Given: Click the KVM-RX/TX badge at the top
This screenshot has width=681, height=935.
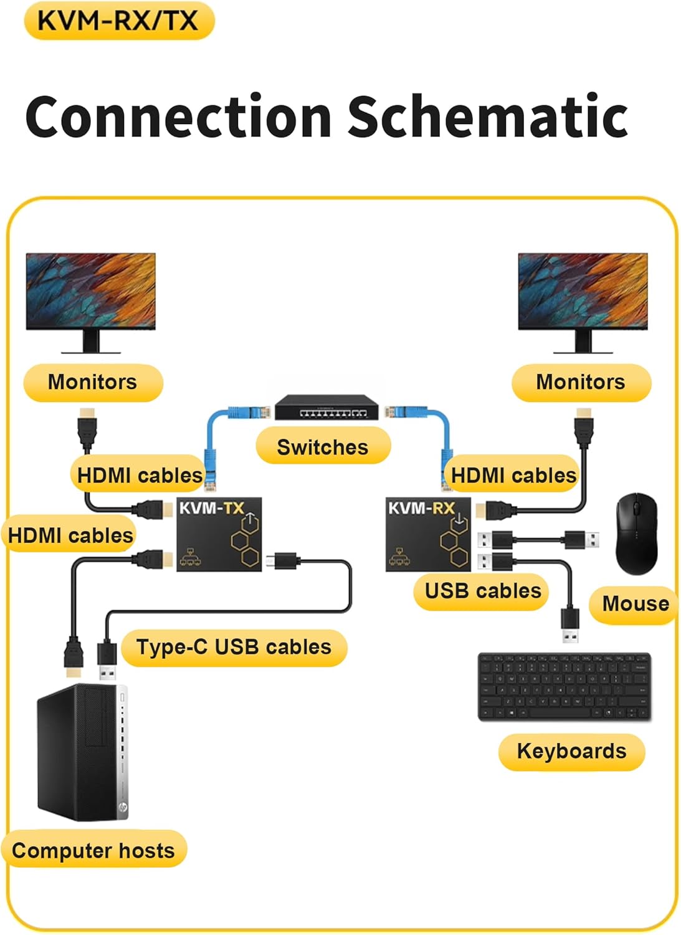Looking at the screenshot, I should [x=118, y=21].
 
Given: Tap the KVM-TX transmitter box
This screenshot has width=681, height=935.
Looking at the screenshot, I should [x=219, y=534].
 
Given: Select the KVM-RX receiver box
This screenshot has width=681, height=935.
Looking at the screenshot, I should [x=428, y=534].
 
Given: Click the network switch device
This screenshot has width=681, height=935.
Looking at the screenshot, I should [x=326, y=408].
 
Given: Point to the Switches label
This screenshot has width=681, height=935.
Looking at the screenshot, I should [x=323, y=447].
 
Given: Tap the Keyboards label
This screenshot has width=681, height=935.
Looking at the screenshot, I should [x=571, y=751].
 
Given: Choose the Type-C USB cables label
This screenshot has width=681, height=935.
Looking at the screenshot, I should [x=234, y=647].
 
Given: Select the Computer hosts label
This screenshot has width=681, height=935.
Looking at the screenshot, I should [x=93, y=850].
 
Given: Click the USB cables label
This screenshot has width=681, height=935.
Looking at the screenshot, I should [x=483, y=591].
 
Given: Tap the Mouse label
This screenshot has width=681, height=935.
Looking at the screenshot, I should [x=635, y=603].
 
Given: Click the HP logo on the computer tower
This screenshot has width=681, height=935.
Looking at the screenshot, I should [x=123, y=808].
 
